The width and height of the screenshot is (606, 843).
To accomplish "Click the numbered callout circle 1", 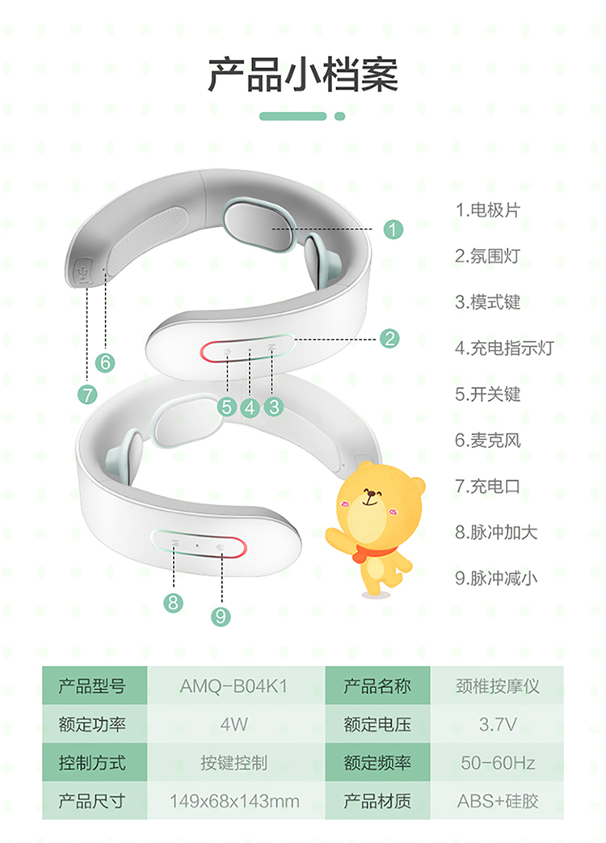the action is [393, 230].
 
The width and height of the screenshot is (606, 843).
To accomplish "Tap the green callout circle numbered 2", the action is [389, 339].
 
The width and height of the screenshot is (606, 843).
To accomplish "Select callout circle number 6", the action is [105, 362].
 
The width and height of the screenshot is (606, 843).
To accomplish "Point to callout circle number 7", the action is [87, 394].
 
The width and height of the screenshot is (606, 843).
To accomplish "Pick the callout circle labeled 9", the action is [221, 616].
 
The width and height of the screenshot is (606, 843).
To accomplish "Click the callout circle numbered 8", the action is [173, 602].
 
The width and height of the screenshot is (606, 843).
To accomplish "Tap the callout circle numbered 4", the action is [250, 407].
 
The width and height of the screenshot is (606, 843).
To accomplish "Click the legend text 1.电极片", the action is [488, 210].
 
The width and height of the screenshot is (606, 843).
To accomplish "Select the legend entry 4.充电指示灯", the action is [504, 348].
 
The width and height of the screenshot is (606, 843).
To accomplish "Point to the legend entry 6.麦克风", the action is [488, 440].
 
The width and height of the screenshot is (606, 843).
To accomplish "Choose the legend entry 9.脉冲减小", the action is [496, 579].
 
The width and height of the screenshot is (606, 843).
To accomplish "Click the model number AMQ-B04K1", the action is [234, 686].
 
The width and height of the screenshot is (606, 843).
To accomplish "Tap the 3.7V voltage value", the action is [498, 725].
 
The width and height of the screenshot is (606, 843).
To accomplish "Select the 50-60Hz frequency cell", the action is [498, 763].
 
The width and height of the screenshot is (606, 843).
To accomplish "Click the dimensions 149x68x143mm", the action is [234, 801].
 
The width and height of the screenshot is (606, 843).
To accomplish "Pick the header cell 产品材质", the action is [377, 801].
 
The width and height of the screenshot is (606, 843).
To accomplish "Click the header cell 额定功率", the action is [92, 725].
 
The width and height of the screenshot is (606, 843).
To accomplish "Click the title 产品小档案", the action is [303, 74].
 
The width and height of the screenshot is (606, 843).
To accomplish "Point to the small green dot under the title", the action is [339, 116].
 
